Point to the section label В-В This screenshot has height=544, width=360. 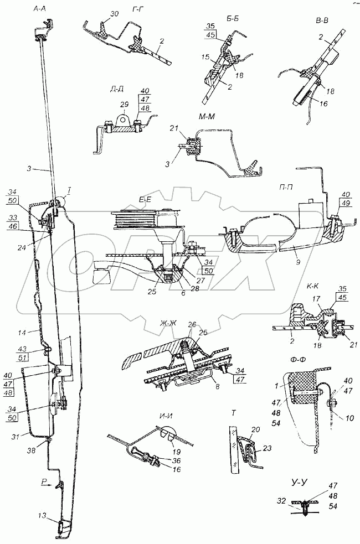coord(322,20)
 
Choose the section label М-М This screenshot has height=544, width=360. coord(207,117)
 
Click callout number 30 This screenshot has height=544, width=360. coord(114,13)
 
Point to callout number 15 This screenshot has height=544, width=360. coord(205,57)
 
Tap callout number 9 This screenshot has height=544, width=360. coord(299,263)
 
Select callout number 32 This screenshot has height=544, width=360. coord(281,501)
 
